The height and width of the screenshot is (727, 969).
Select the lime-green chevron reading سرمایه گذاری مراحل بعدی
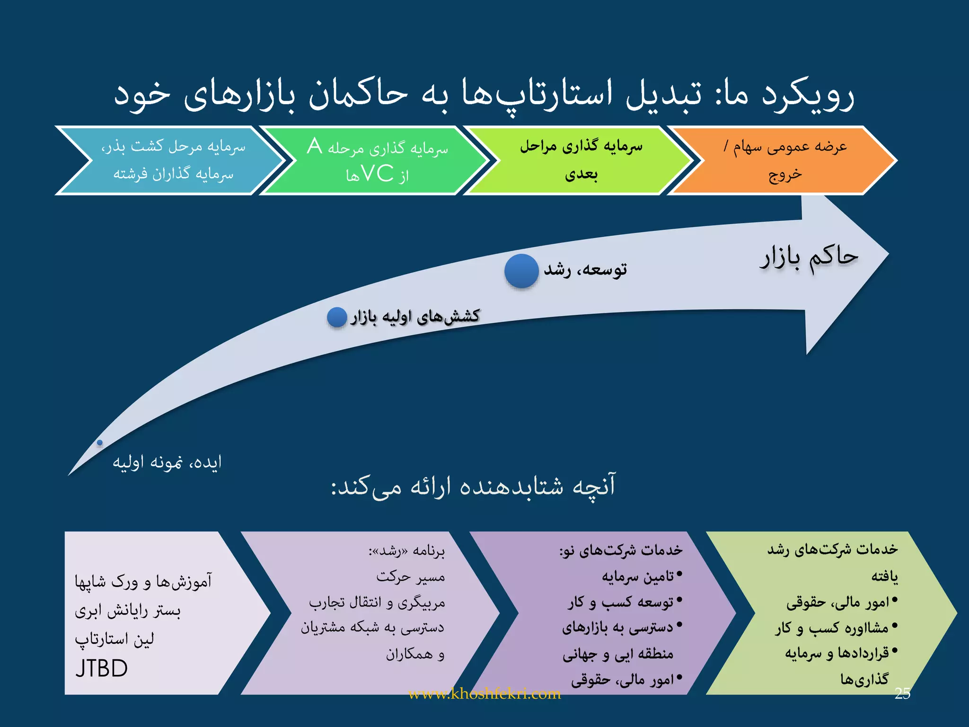click(581, 160)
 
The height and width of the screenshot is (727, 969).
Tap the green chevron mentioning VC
click(377, 160)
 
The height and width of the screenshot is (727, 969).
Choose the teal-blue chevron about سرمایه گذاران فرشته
click(173, 160)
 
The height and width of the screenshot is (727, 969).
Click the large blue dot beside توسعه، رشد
click(521, 271)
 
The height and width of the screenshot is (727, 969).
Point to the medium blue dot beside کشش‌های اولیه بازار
click(337, 317)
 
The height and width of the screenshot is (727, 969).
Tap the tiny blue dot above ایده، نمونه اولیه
click(100, 443)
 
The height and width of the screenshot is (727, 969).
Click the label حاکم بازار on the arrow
click(809, 258)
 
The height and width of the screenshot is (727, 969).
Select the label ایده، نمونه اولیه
click(167, 462)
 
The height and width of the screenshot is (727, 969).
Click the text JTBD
click(102, 668)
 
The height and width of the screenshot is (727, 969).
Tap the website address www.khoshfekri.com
click(484, 694)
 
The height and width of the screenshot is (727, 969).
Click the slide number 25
click(902, 693)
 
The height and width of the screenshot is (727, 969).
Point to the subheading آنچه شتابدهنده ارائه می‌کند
click(473, 486)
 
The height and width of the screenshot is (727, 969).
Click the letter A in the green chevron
click(314, 146)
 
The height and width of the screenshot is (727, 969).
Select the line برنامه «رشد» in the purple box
click(407, 551)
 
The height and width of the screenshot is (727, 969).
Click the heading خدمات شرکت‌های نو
click(621, 550)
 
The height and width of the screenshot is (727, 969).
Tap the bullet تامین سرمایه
click(637, 576)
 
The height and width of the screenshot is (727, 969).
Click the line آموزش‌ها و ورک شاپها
click(143, 581)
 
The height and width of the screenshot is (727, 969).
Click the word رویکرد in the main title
click(807, 95)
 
